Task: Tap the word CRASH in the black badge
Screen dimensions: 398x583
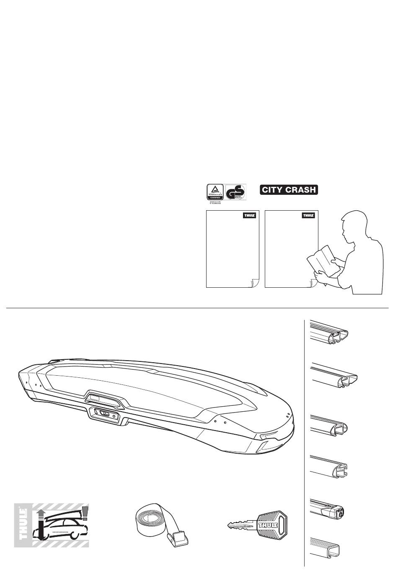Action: tap(300, 190)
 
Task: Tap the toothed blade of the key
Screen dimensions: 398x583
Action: tap(239, 525)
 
